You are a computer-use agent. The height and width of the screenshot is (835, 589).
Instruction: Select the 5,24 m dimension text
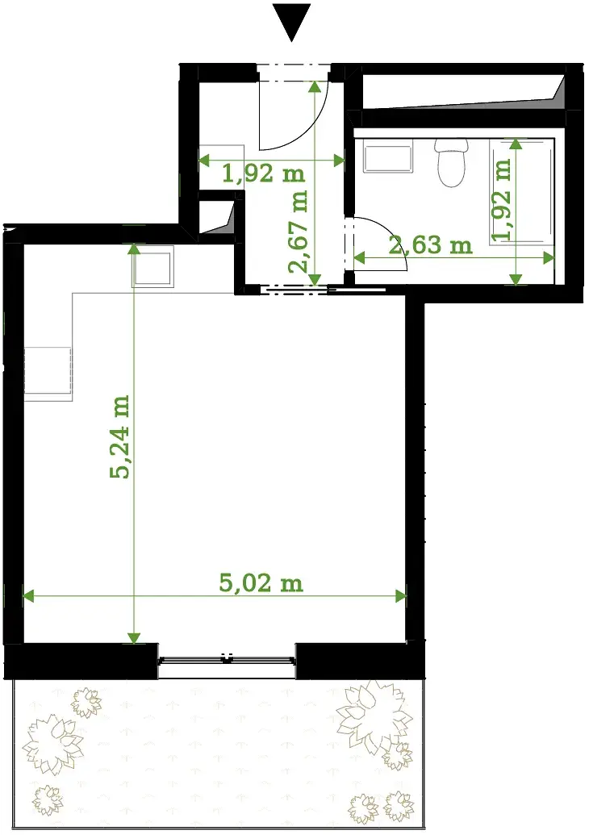[x=119, y=436]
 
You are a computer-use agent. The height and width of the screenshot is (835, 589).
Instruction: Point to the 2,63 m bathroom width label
[x=430, y=244]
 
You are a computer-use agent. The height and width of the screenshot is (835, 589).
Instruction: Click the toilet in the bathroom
[x=451, y=162]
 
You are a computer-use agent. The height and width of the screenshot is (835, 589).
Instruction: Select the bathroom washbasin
[x=388, y=158]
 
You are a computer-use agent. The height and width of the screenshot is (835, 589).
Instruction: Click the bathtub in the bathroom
[x=522, y=190]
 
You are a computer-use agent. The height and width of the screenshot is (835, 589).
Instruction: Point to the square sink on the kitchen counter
[x=152, y=266]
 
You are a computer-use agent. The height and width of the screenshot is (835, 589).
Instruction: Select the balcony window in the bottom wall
[x=227, y=660]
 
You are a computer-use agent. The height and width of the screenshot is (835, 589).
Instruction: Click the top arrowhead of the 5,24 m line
[x=134, y=248]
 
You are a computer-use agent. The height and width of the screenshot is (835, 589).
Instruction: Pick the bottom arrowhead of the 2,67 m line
[x=315, y=279]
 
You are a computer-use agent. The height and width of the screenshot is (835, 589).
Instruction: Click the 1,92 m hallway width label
[x=264, y=173]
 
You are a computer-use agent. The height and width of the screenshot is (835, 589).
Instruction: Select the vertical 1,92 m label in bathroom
[x=501, y=200]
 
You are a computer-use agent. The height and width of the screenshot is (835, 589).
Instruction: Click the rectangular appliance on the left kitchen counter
[x=48, y=374]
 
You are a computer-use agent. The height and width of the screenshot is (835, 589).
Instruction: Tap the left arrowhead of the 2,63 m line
[x=360, y=258]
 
